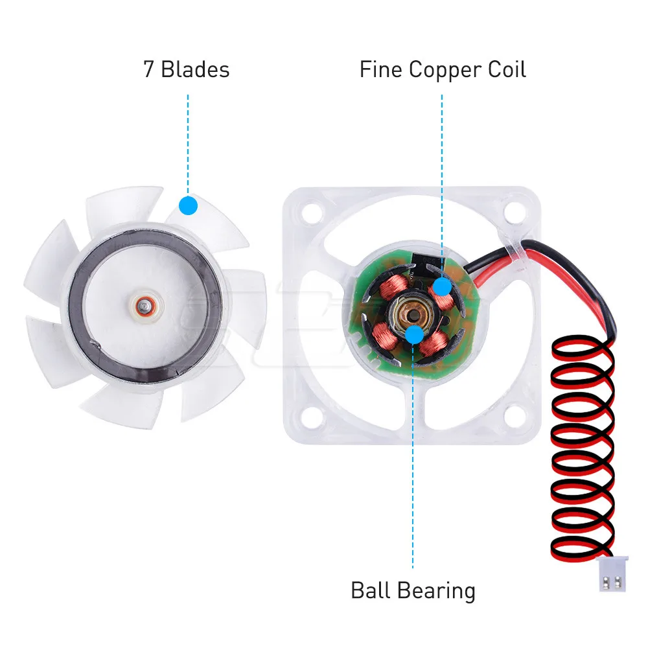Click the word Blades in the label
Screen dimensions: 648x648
[x=195, y=69]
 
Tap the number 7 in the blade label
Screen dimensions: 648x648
[x=149, y=69]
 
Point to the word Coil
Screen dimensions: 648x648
[x=507, y=69]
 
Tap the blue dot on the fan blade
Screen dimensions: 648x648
[x=189, y=205]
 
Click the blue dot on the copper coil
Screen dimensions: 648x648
[x=442, y=286]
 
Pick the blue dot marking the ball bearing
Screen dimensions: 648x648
[x=414, y=334]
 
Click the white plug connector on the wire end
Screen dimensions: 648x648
[x=612, y=574]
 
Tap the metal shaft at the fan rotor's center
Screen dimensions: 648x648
[x=144, y=307]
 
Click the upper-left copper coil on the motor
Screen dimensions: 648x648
[x=395, y=286]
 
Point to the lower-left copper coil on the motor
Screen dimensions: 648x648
[x=385, y=335]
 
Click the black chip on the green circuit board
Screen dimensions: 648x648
[x=428, y=264]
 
